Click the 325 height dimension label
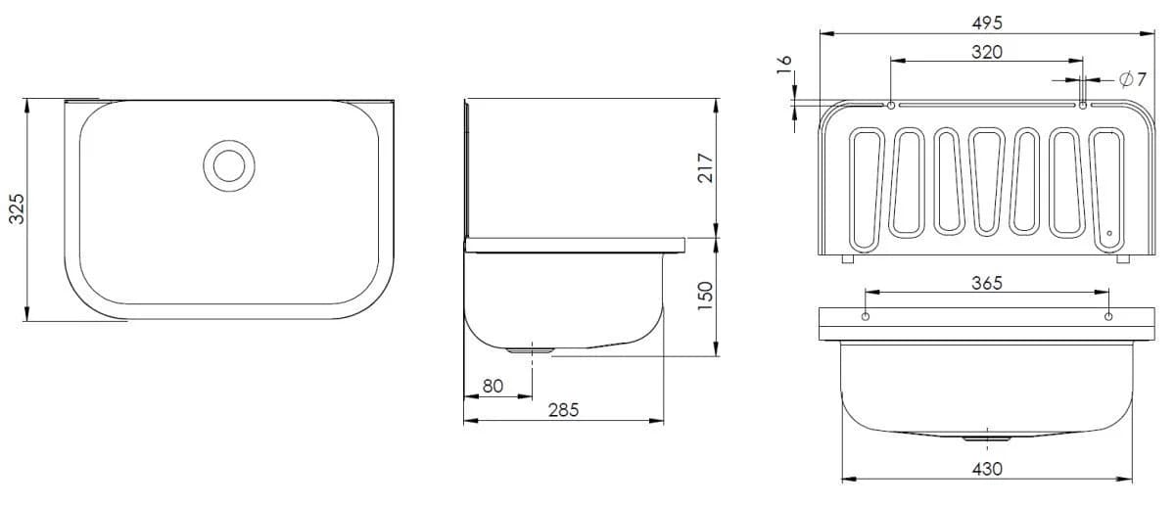click(x=17, y=208)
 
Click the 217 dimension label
click(x=706, y=167)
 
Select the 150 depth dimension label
click(x=706, y=296)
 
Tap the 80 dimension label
click(x=493, y=387)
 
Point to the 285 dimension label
click(x=563, y=410)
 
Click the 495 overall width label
click(x=987, y=23)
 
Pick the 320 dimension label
click(x=987, y=52)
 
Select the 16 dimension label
click(x=784, y=67)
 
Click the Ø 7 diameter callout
click(x=1132, y=79)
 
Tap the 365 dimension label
click(x=987, y=283)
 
